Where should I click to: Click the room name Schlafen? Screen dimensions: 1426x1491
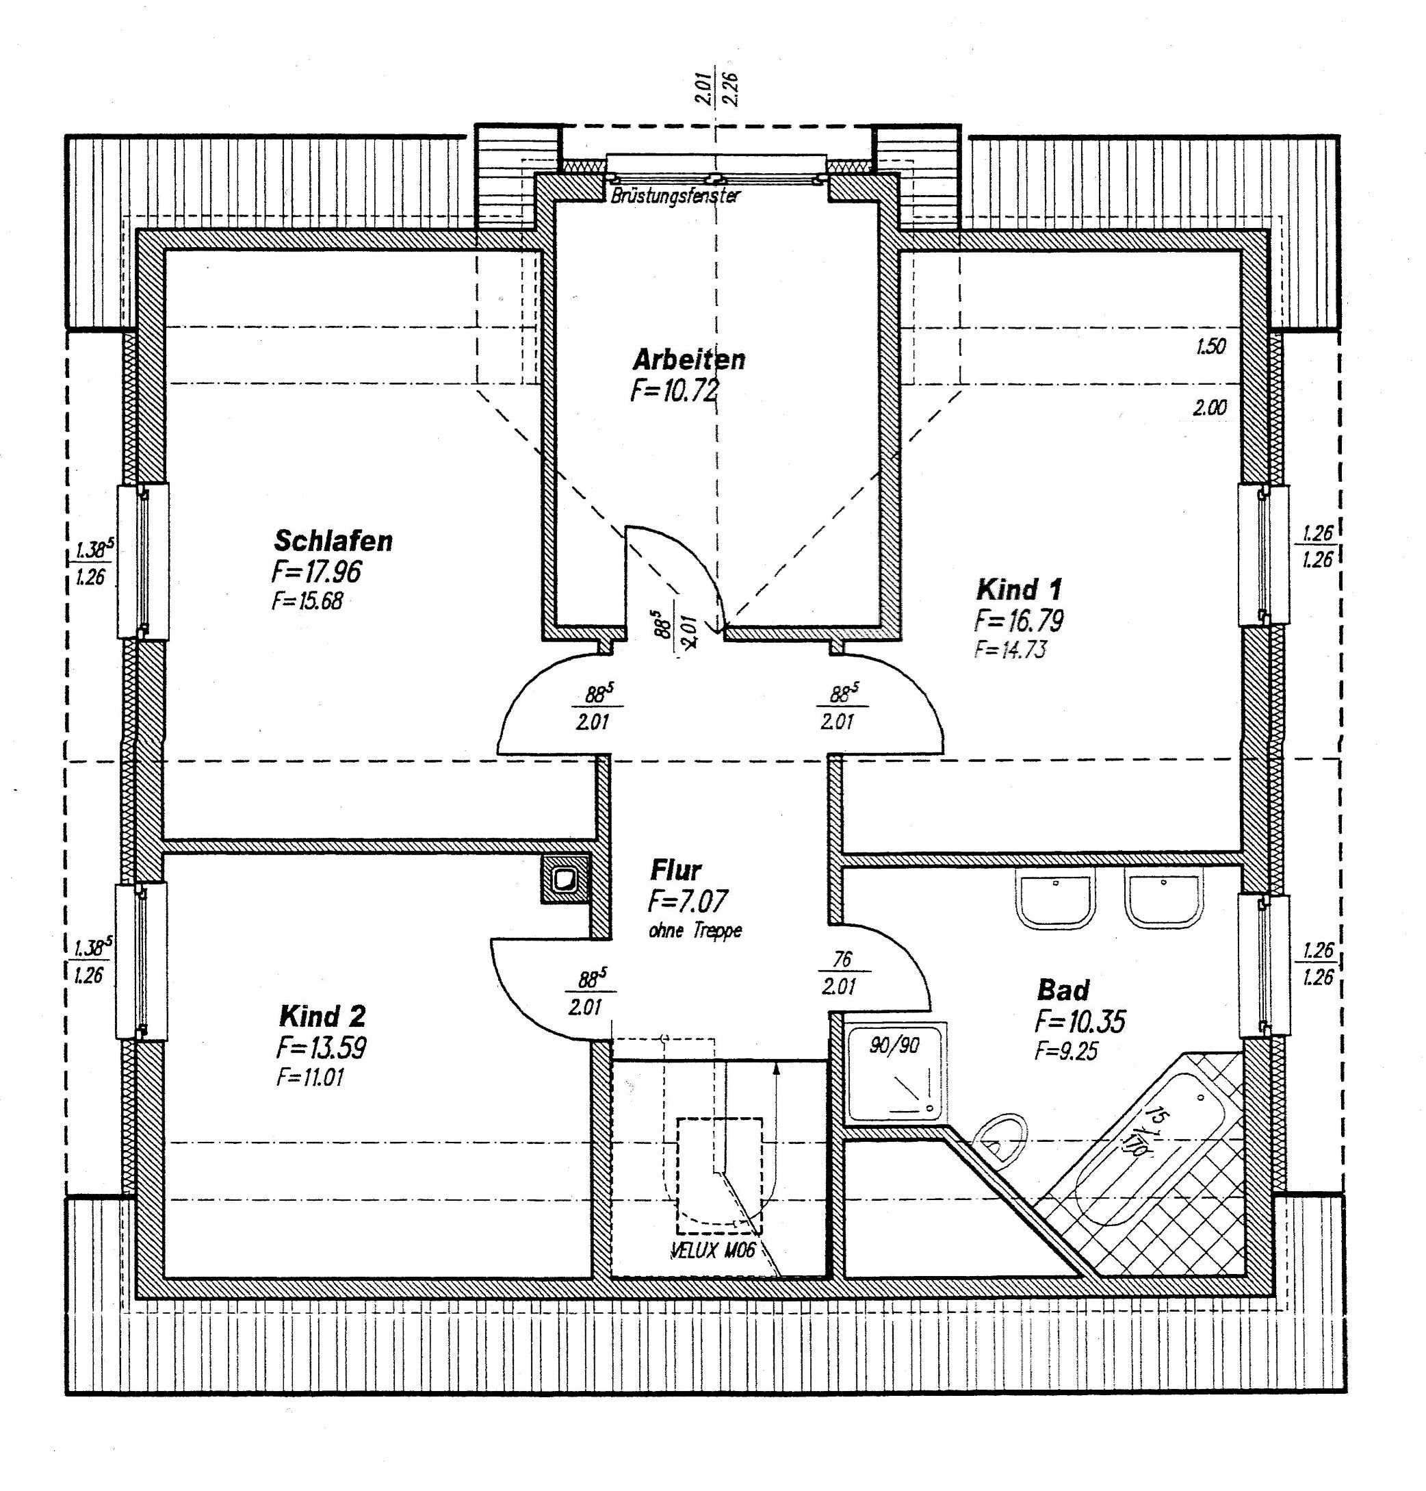[333, 541]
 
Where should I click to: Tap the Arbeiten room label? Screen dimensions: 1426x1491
[688, 359]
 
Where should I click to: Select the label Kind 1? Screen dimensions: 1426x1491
[1019, 589]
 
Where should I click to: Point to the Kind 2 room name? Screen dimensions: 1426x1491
[322, 1016]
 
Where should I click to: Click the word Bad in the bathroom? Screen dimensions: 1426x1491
[1063, 991]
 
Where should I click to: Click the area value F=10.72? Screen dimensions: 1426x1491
[674, 391]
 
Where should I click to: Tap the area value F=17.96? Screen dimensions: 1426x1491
[316, 572]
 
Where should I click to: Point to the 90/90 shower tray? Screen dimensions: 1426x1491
[896, 1072]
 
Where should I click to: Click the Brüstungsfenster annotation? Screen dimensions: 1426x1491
[675, 195]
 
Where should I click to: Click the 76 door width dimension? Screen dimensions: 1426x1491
[842, 959]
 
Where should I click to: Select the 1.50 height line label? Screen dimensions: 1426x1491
[1211, 346]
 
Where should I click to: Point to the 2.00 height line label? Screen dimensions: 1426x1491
[1209, 407]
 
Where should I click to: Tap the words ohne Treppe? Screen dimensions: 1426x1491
[695, 930]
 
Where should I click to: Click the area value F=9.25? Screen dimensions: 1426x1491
[1065, 1052]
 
